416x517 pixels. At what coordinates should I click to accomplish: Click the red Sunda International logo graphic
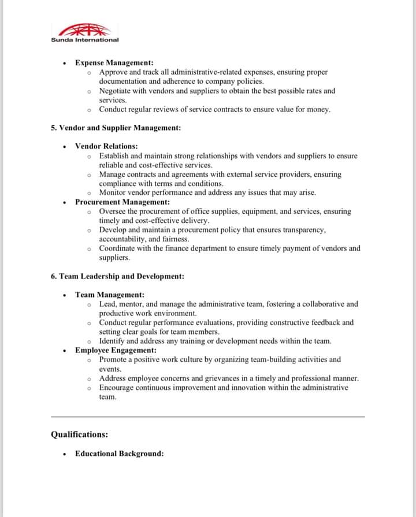[84, 30]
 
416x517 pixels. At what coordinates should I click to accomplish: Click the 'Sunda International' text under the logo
[84, 40]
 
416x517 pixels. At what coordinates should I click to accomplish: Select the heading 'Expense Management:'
[114, 63]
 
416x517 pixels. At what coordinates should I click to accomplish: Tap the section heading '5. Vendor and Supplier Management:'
[116, 128]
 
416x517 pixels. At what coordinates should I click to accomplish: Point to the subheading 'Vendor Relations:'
[106, 146]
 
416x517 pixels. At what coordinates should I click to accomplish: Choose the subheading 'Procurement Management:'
[122, 202]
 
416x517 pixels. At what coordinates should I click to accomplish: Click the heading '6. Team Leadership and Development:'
[117, 276]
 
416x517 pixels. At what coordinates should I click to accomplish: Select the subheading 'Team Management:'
[110, 295]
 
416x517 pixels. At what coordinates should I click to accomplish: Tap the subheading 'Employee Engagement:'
[116, 350]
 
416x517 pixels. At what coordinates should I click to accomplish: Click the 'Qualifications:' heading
[79, 434]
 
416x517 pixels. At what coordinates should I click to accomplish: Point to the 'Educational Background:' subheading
[119, 453]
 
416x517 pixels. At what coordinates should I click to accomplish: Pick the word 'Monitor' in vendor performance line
[113, 192]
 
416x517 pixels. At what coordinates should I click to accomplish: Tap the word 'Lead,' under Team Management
[108, 304]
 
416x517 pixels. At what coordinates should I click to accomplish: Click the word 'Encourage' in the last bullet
[117, 388]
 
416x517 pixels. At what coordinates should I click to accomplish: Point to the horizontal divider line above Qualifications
[208, 416]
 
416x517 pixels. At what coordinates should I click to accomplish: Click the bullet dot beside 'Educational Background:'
[65, 454]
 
